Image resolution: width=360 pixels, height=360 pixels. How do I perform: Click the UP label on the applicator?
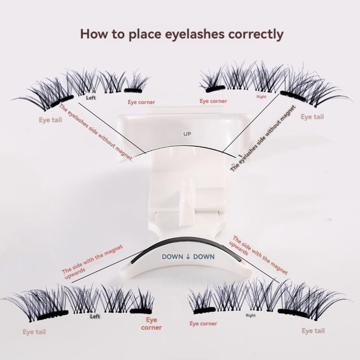[x=187, y=134]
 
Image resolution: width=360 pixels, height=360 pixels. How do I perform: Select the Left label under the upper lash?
[x=91, y=97]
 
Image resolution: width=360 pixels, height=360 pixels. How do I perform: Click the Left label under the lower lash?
[x=95, y=316]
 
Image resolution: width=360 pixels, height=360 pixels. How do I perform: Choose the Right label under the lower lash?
[x=251, y=315]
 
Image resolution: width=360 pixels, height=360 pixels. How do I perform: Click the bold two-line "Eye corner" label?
[x=151, y=323]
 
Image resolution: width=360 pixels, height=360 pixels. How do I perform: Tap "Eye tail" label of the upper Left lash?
[x=50, y=120]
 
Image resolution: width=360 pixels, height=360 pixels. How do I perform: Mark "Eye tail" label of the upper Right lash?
[x=312, y=117]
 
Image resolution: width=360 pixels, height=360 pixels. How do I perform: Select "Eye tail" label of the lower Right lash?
[x=313, y=331]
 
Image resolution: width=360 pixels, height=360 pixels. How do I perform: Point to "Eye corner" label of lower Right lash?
[x=204, y=324]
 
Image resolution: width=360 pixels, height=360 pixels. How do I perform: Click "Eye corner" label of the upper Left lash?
[x=141, y=102]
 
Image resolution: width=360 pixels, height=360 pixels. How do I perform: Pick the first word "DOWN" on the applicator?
[x=172, y=257]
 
